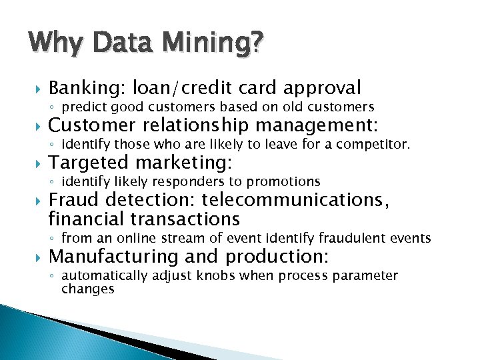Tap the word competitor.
click(377, 144)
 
